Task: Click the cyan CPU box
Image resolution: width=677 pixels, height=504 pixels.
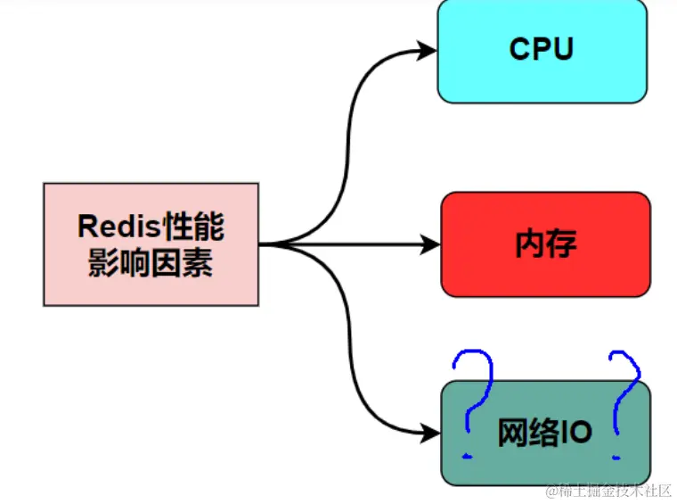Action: [542, 50]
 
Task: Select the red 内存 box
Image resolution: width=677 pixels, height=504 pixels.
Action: [545, 244]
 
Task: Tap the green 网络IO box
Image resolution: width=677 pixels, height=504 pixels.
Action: [545, 433]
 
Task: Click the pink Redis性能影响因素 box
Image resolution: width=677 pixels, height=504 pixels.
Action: [151, 244]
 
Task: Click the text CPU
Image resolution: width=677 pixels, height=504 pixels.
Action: [542, 50]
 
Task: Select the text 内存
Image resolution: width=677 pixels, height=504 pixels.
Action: [545, 244]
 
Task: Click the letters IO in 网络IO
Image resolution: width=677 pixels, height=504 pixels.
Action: [575, 433]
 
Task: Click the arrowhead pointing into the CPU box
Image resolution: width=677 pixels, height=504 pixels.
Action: [429, 51]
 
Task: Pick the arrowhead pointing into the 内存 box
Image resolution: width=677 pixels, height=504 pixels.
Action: [433, 244]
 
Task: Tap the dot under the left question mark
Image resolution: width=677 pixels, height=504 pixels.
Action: [467, 456]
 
